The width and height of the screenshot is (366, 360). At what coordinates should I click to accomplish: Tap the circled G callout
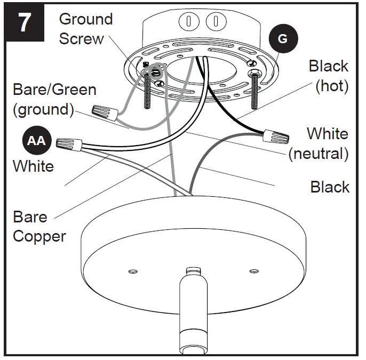coord(283,39)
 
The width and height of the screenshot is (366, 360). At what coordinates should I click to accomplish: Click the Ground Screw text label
coord(85,29)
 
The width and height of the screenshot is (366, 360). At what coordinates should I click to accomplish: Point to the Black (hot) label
coord(329,76)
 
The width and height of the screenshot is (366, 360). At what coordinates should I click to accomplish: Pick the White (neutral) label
coord(320,143)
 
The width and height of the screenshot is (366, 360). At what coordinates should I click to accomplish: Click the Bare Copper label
coord(39,227)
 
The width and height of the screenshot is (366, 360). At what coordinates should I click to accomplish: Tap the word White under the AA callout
coord(33,166)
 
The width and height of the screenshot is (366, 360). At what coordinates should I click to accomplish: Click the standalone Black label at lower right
coord(330,187)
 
